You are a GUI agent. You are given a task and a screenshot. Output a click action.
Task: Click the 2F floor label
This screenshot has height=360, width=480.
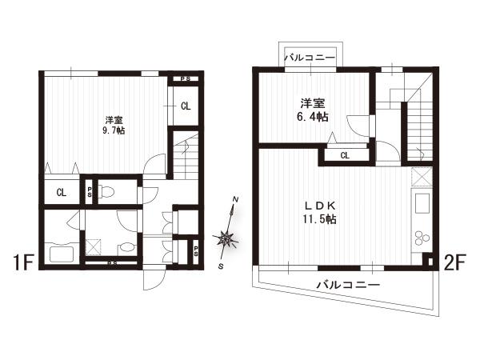click(x=454, y=262)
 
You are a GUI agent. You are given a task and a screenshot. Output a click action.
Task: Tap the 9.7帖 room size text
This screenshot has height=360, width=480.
click(x=114, y=130)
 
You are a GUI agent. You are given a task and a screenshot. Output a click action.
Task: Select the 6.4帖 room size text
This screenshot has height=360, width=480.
click(x=313, y=117)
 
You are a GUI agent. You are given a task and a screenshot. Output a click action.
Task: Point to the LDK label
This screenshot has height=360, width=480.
click(x=320, y=206)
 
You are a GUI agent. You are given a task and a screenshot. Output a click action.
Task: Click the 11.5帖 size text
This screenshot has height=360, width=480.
click(x=319, y=219)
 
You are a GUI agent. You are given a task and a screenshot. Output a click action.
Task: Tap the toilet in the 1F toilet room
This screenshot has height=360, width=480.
click(x=106, y=192)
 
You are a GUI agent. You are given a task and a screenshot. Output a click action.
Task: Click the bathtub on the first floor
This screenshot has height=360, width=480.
click(x=61, y=252)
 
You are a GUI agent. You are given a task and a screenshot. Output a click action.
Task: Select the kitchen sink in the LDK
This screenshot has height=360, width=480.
click(x=422, y=203)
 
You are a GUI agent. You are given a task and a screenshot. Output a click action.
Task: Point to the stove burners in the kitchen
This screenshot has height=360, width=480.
click(x=422, y=238)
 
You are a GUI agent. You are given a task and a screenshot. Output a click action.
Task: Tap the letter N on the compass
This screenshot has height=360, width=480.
click(x=236, y=199)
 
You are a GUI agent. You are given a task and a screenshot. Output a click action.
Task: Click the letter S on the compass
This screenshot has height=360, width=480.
click(x=221, y=266)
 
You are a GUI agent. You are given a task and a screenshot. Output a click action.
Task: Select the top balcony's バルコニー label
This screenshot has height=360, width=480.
click(x=310, y=58)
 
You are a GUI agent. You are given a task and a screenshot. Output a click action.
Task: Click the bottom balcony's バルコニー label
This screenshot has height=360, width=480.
click(x=348, y=285)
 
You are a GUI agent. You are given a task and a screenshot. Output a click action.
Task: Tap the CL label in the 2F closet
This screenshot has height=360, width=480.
click(x=345, y=155)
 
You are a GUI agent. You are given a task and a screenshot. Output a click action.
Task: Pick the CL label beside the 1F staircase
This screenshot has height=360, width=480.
click(x=186, y=106)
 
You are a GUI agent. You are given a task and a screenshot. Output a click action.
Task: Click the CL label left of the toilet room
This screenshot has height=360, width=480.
click(x=62, y=193)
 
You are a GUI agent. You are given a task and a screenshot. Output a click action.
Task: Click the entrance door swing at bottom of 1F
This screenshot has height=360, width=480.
click(x=154, y=280)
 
